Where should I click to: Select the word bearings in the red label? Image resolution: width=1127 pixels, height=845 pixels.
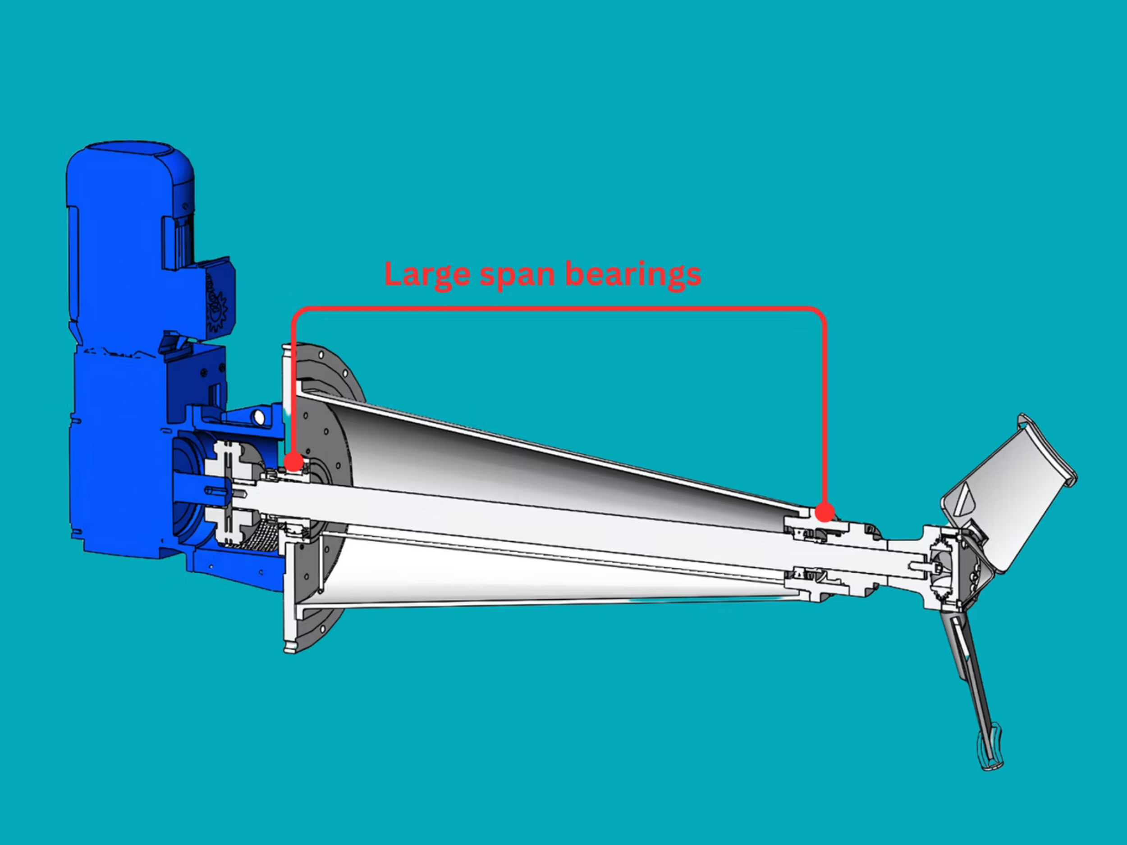pyautogui.click(x=633, y=275)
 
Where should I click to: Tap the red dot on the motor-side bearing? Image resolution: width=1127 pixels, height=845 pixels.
pyautogui.click(x=293, y=462)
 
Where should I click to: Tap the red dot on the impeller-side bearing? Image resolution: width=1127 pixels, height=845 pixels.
pyautogui.click(x=825, y=512)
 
